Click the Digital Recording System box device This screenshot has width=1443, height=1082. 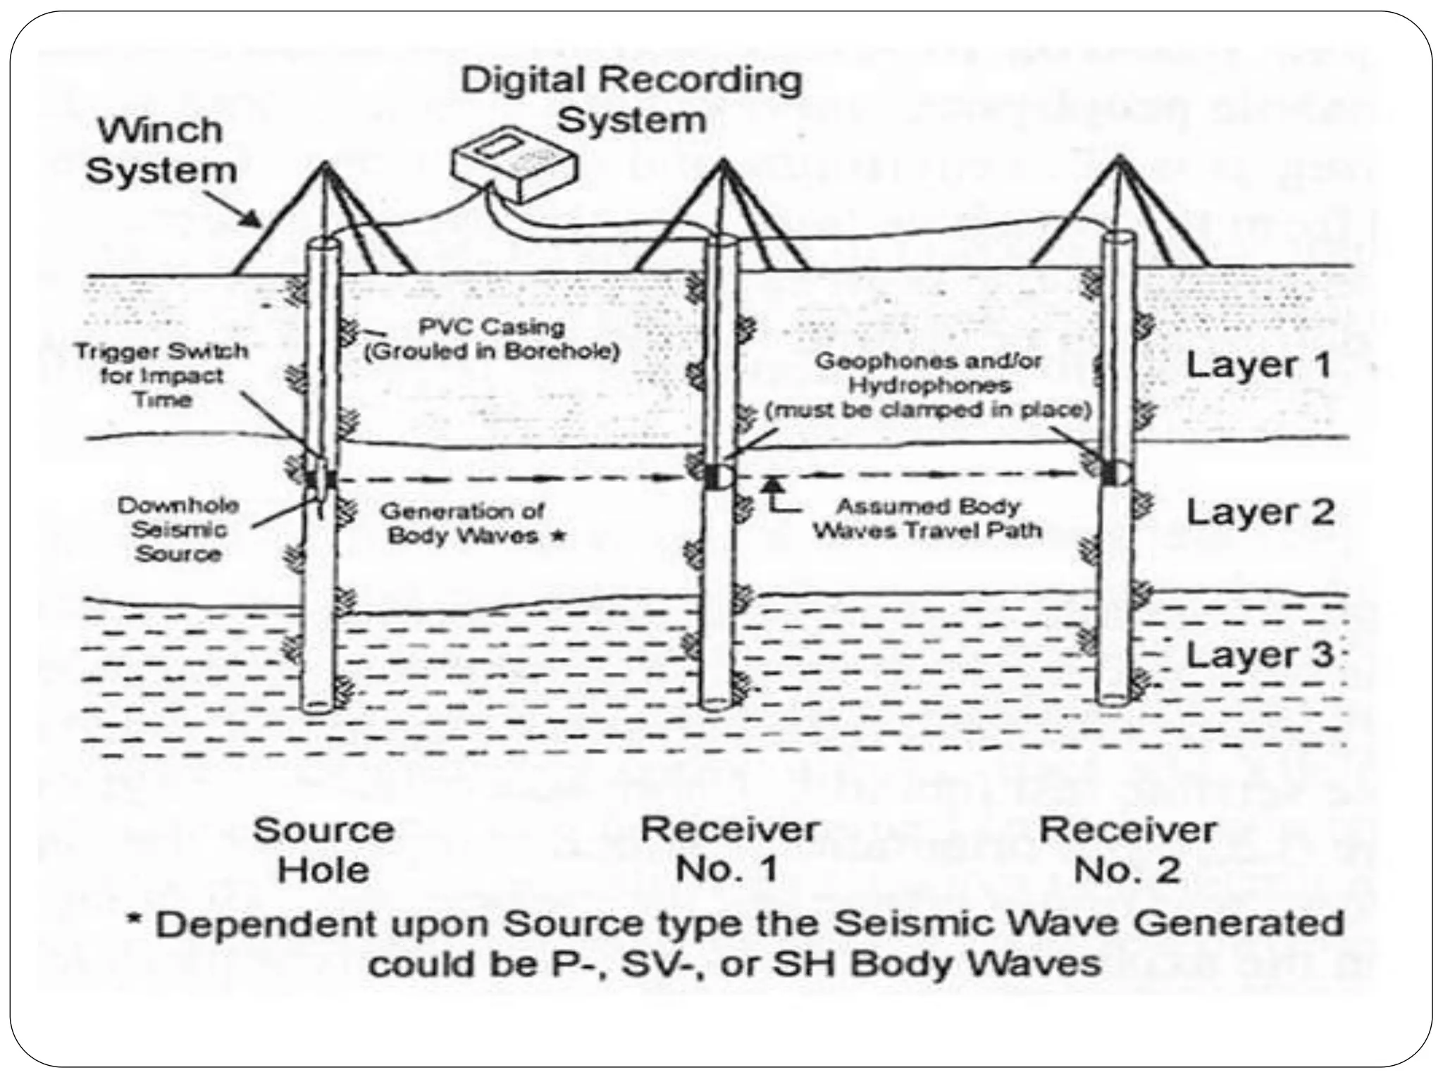pos(515,167)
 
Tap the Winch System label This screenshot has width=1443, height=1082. pos(161,151)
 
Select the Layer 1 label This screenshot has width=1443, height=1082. pos(1258,365)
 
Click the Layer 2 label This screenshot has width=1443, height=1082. pos(1260,512)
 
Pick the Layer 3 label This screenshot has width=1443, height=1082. pos(1260,655)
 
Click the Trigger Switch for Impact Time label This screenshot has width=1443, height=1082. pos(163,375)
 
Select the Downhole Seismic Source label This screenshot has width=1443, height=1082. pos(178,529)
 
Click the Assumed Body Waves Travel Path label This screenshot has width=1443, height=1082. pos(927,518)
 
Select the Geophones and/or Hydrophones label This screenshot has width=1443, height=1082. pos(929,385)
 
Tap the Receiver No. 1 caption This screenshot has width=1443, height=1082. pos(729,850)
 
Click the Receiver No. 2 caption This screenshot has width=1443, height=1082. pos(1127,850)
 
